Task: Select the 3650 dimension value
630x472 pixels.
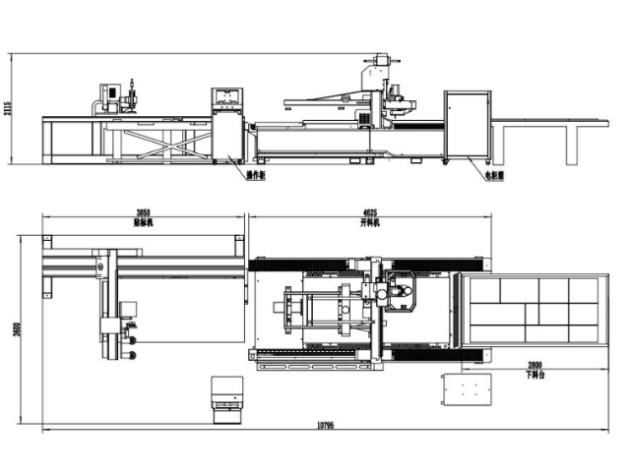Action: point(142,213)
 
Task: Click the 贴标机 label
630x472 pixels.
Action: point(142,222)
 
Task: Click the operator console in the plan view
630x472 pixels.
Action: point(225,396)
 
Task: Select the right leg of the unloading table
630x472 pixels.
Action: point(572,143)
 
